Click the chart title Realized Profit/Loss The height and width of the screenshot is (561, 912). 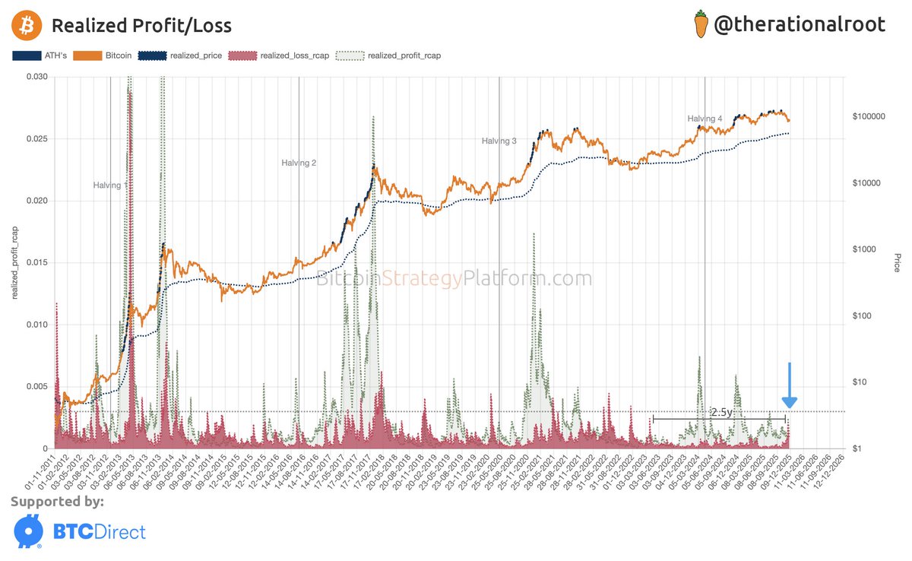coord(141,25)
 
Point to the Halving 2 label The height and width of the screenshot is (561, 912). coord(299,163)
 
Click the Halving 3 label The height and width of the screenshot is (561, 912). coord(499,141)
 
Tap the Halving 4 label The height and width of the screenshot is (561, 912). coord(705,119)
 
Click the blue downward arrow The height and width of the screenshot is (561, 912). coord(790,387)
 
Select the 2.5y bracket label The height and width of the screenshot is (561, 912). coord(720,411)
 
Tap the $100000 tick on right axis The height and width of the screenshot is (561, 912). coord(869,117)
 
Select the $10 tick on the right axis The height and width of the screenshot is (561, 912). coord(861,382)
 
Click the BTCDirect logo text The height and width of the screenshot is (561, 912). coord(98,531)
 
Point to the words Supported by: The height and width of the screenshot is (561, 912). coord(57,502)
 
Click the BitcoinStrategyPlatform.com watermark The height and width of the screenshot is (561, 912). coord(454,279)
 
